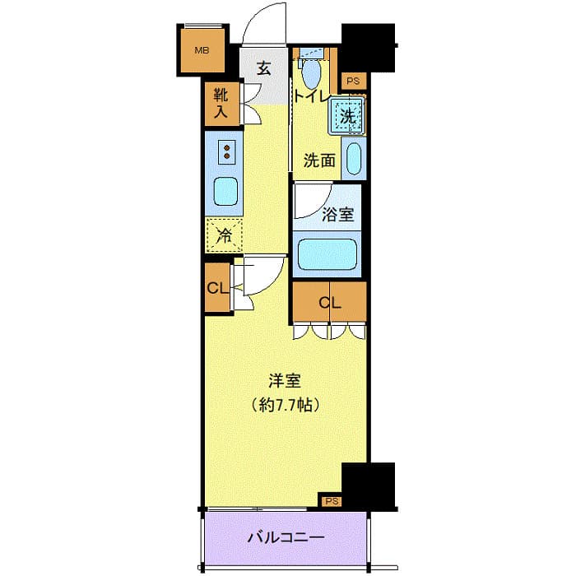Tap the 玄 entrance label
click(x=263, y=68)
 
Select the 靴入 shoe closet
click(x=221, y=105)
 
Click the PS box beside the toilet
click(x=353, y=81)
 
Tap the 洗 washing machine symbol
click(x=347, y=116)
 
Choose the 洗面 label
click(x=318, y=160)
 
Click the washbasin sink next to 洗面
click(x=353, y=160)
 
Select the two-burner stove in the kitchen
click(x=225, y=152)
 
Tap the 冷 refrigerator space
click(x=225, y=235)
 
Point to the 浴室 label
click(x=338, y=215)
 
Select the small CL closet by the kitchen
click(x=217, y=288)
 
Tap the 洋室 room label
click(x=285, y=381)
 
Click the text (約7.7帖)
click(x=285, y=405)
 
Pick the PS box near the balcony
click(x=332, y=500)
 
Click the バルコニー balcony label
click(x=286, y=538)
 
